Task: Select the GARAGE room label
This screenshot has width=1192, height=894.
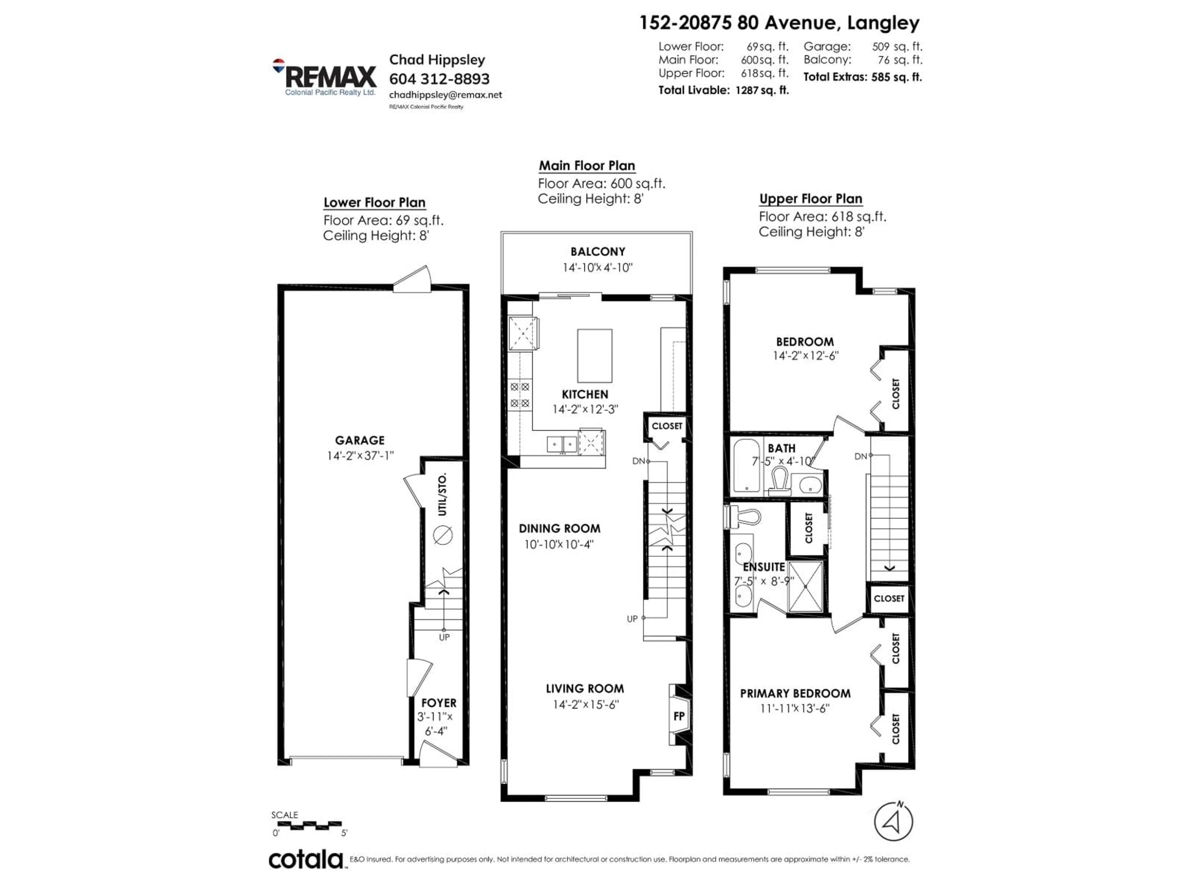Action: tap(359, 440)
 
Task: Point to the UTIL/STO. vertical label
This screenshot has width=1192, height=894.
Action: tap(442, 494)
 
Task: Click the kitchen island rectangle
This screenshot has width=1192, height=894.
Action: tap(594, 356)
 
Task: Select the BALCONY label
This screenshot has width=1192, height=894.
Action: tap(598, 252)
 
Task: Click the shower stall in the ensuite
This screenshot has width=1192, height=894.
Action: tap(805, 586)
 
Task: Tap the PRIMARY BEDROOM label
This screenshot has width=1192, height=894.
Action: tap(795, 693)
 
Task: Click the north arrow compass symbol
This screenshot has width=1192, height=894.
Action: tap(893, 822)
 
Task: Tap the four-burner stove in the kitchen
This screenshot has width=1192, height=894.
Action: tap(520, 395)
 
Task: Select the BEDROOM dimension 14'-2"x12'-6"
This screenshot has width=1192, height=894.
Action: tap(805, 356)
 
